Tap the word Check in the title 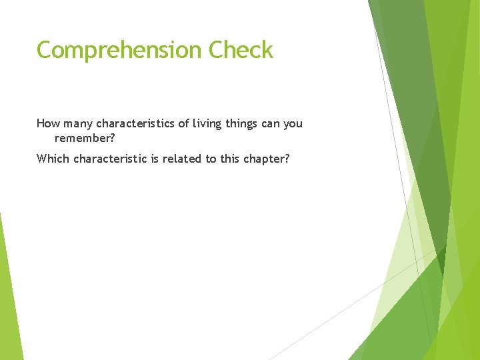tap(241, 50)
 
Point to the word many tap(78, 124)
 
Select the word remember tap(84, 138)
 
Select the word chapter tap(267, 159)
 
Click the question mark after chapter tap(287, 159)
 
